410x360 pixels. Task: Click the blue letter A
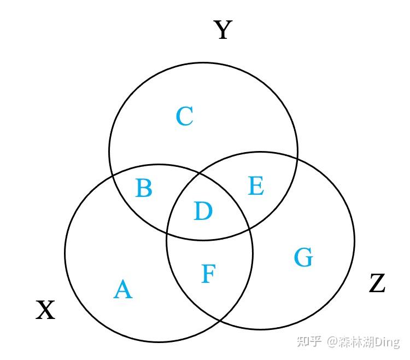(123, 289)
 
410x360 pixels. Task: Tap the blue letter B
(143, 188)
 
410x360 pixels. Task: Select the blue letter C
(184, 117)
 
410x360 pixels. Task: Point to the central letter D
(203, 211)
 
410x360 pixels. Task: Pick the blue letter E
(256, 187)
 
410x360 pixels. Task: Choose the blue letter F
(207, 274)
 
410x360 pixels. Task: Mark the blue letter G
(303, 257)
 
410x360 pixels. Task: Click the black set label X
(45, 311)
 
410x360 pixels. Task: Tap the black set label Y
(222, 30)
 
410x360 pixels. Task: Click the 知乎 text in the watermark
(309, 342)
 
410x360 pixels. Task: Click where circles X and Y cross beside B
(113, 175)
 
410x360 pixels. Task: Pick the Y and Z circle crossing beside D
(167, 233)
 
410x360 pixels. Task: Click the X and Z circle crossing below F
(219, 320)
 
